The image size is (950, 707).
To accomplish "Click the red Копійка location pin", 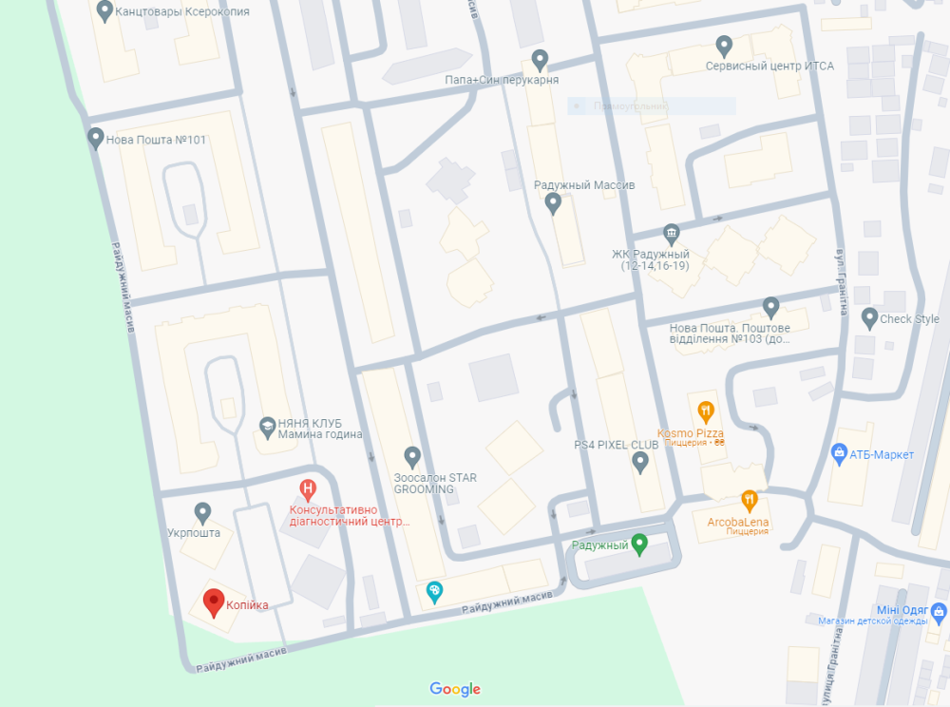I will [x=214, y=602].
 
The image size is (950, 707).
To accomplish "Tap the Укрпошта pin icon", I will [x=202, y=513].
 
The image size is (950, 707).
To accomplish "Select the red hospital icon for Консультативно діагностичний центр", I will [x=308, y=489].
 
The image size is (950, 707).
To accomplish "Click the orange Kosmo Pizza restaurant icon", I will [x=705, y=411].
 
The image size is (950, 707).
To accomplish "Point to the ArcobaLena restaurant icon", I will [x=750, y=499].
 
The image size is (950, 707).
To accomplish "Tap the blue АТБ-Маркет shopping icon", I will [x=839, y=454].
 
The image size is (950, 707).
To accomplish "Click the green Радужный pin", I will [x=639, y=545].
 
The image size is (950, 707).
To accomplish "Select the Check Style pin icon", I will [x=868, y=318].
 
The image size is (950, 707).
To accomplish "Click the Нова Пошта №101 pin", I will [x=95, y=139].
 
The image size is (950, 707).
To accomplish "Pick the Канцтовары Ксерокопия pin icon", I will [x=104, y=12].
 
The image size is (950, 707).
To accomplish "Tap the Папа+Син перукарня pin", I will [x=540, y=60].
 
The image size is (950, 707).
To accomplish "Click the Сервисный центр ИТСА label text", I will [x=769, y=67].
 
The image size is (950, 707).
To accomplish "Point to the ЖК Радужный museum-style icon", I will [x=672, y=234].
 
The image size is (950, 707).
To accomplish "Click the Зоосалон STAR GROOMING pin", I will [x=411, y=457].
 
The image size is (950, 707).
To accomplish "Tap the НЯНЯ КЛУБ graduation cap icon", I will [x=268, y=425].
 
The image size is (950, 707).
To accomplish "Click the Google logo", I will [x=455, y=689].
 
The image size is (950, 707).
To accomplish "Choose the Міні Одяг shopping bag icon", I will [x=940, y=610].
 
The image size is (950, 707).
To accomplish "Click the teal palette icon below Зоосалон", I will [x=434, y=592].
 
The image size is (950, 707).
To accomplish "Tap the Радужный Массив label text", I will [x=584, y=184].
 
